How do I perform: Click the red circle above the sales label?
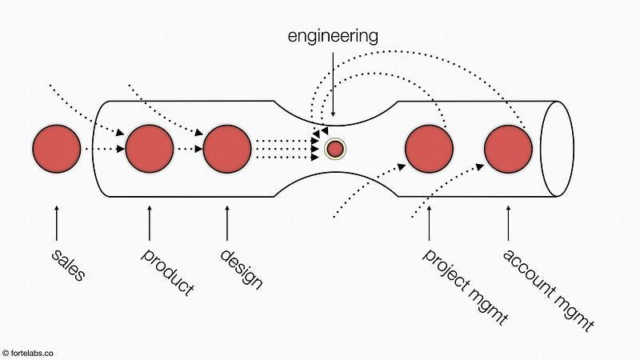(x=56, y=149)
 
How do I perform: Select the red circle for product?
(x=150, y=149)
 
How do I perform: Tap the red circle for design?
(x=228, y=149)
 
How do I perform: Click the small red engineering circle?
(x=335, y=149)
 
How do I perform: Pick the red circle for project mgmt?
(x=430, y=149)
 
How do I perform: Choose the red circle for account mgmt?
(x=508, y=149)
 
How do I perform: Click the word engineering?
(x=333, y=35)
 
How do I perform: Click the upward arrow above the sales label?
(x=56, y=224)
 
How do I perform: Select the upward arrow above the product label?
(x=150, y=224)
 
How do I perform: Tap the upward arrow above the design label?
(x=228, y=224)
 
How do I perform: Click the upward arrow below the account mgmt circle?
(x=508, y=224)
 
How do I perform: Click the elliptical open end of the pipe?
(x=558, y=148)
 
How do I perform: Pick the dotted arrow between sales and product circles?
(x=102, y=149)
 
